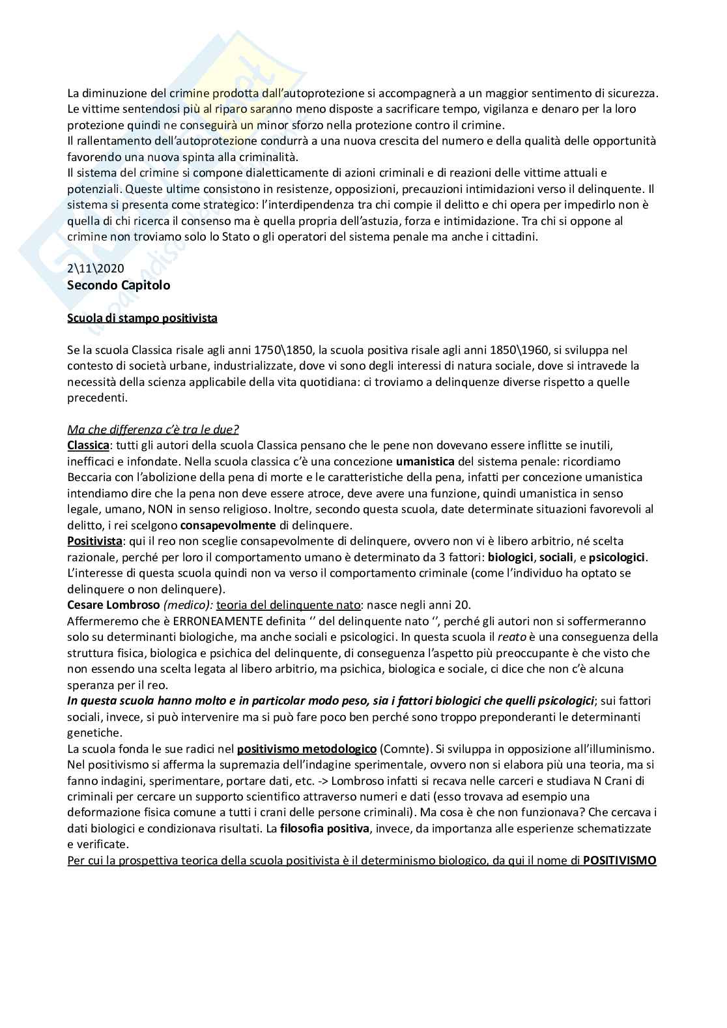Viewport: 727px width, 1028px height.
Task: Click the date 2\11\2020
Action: [x=95, y=269]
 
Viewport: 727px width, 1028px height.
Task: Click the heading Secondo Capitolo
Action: [x=119, y=286]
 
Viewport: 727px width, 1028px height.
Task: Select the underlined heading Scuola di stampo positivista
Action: [x=142, y=318]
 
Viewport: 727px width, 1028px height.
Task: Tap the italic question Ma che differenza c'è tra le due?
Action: [x=153, y=430]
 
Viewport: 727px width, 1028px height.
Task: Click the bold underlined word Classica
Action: [x=88, y=445]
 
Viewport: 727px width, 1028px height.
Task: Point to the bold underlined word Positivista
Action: [x=94, y=541]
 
